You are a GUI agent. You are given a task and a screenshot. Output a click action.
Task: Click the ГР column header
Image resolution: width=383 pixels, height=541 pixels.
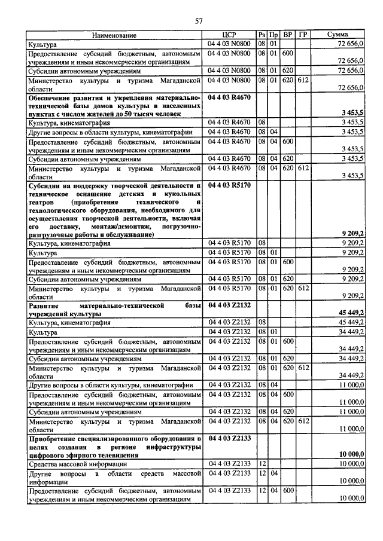pos(303,35)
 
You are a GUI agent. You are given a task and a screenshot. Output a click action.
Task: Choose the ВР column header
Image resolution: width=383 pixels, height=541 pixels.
pos(287,35)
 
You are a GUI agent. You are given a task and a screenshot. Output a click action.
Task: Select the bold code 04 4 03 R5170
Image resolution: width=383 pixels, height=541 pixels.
pos(229,186)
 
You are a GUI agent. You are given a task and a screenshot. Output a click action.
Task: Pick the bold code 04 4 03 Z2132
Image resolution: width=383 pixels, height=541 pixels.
pos(229,305)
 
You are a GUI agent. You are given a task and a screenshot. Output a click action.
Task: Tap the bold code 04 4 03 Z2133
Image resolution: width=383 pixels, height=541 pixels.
pos(229,439)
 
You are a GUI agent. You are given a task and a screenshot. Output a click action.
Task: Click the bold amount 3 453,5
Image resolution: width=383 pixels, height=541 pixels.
pos(352,112)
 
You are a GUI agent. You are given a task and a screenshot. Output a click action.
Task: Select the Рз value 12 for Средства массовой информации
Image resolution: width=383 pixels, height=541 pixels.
pos(262,463)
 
